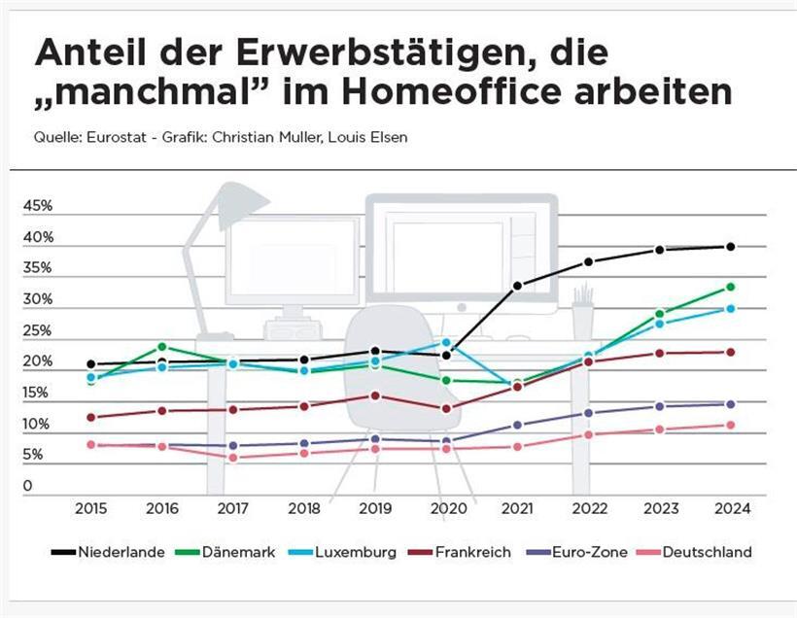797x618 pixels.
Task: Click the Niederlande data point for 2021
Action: coord(517,286)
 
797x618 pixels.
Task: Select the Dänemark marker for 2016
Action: coord(162,347)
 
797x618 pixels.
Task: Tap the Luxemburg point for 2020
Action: coord(446,342)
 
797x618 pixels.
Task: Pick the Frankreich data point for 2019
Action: coord(375,395)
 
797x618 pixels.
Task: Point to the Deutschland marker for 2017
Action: coord(233,458)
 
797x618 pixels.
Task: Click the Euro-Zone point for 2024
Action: coord(730,404)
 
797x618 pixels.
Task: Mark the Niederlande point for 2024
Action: coord(730,247)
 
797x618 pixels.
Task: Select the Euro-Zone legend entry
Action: coord(589,552)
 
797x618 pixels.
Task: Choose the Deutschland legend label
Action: coord(706,552)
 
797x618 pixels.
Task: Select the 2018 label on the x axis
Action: coord(304,508)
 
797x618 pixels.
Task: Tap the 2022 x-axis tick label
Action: coord(588,508)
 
